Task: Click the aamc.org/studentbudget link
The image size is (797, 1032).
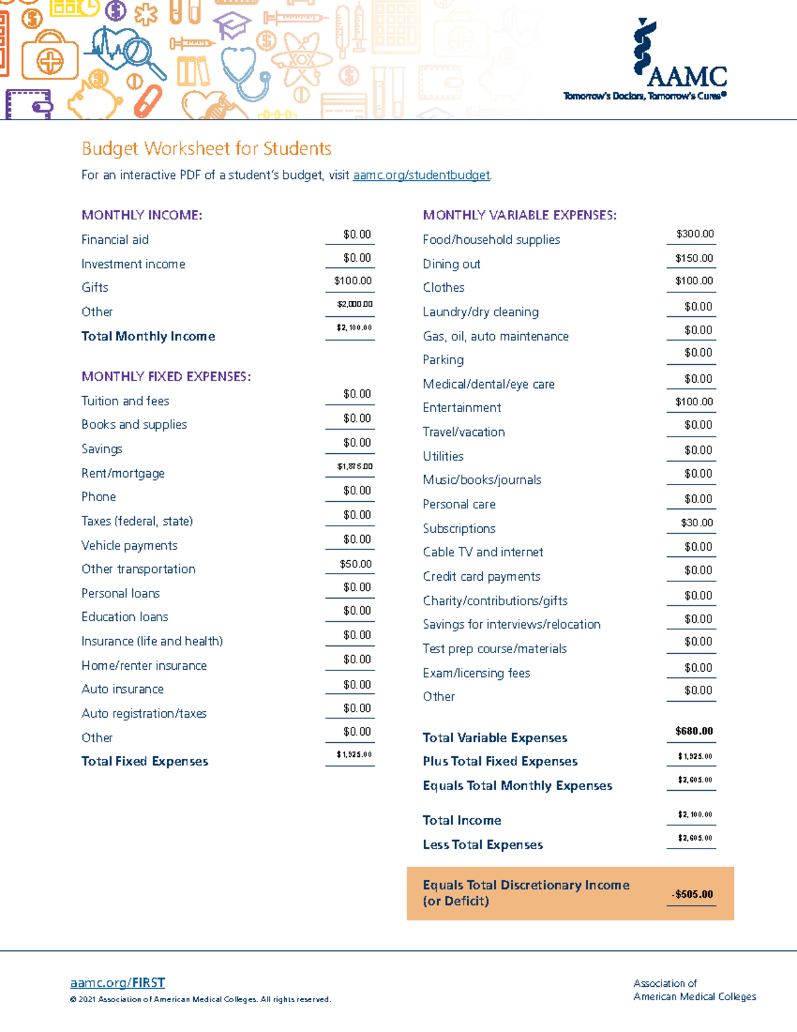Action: (x=421, y=175)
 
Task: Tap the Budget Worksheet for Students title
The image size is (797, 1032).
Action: (x=207, y=148)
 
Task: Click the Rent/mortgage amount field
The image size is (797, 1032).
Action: (x=354, y=466)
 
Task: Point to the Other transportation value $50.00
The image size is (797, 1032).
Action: (x=355, y=564)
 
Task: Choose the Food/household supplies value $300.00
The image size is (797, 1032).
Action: (x=694, y=234)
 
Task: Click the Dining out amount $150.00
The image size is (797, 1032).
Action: (x=693, y=258)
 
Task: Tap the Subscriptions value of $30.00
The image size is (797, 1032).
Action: (x=696, y=523)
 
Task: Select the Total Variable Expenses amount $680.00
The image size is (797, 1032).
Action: (x=693, y=731)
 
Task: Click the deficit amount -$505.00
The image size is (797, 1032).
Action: (x=692, y=894)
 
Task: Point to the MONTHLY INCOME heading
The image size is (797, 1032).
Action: (x=141, y=215)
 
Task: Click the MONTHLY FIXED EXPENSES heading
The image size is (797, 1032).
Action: (x=166, y=377)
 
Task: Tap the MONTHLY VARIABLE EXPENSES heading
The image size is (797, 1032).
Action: (x=519, y=215)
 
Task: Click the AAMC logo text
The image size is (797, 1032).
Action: (x=687, y=76)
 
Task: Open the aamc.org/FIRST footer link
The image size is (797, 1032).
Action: (x=118, y=983)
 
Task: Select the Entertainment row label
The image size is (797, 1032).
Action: (x=462, y=407)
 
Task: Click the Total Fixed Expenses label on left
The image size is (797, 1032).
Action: (x=145, y=762)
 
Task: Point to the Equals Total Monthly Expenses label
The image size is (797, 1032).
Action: (x=517, y=785)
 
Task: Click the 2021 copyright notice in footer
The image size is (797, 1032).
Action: (x=201, y=999)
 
